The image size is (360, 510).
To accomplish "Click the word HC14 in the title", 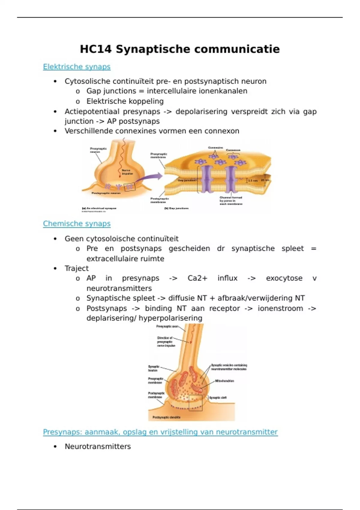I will click(x=95, y=49).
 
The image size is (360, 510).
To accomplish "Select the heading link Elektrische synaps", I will click(x=76, y=67).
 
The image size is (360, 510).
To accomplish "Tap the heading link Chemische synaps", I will click(x=76, y=223).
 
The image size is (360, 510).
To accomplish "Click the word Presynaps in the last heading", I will click(x=62, y=432).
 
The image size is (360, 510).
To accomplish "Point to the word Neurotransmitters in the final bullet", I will click(x=98, y=446).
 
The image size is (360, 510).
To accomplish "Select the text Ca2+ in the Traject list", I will click(x=197, y=278).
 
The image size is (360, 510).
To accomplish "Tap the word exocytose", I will click(x=284, y=278).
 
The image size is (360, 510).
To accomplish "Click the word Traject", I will click(x=76, y=268).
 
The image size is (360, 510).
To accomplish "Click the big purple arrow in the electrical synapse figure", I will click(x=150, y=179).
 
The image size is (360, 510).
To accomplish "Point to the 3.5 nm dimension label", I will click(x=253, y=181).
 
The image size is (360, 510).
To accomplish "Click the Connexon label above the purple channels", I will click(x=233, y=150).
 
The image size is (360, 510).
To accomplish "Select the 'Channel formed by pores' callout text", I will click(x=231, y=201).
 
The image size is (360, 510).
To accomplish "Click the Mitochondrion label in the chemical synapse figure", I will click(x=224, y=381).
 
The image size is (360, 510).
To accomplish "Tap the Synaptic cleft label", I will click(x=218, y=398).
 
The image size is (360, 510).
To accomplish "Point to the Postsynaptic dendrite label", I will click(x=166, y=417).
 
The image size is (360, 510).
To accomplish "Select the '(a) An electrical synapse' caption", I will click(x=99, y=208).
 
